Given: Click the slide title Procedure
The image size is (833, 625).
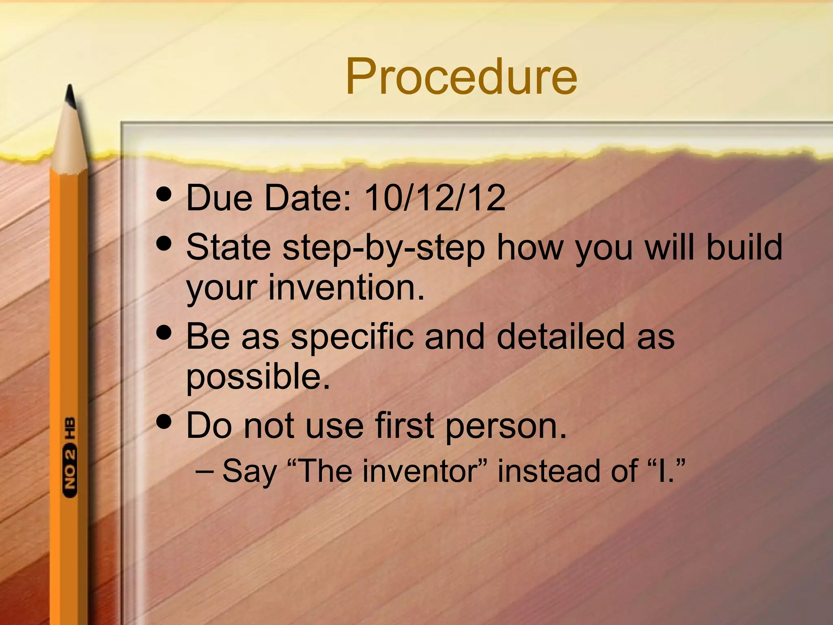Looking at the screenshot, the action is click(461, 76).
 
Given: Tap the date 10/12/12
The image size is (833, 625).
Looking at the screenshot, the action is click(435, 198).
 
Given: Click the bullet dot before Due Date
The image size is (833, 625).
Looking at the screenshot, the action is click(164, 194).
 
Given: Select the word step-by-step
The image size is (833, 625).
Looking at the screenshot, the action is click(384, 248).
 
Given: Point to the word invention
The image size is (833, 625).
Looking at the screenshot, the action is click(346, 287).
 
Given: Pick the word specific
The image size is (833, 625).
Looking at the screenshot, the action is click(352, 337).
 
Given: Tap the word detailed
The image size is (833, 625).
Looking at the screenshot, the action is click(560, 336).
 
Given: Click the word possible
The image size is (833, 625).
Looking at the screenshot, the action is click(258, 377).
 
